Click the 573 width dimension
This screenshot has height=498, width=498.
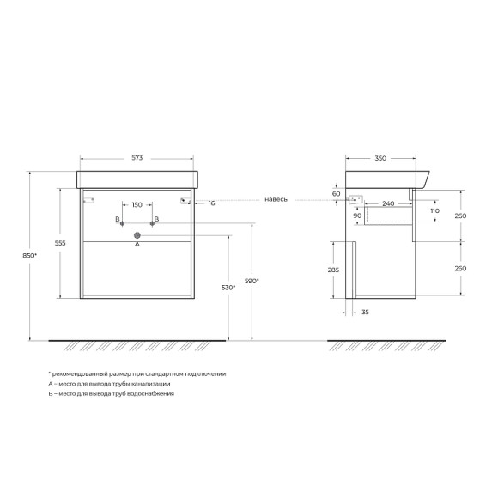pos(137,157)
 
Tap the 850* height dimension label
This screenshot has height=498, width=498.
pos(29,255)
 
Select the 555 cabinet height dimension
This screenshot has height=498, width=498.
pos(60,243)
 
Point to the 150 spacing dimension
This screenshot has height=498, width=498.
pos(137,204)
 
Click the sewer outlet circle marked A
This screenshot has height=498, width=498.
pos(137,235)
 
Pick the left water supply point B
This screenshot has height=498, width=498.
pos(122,223)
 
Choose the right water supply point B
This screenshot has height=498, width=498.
pos(152,223)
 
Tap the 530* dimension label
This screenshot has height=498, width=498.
pos(228,288)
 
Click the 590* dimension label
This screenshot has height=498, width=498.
pos(252,281)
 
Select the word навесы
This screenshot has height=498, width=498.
pos(276,200)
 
